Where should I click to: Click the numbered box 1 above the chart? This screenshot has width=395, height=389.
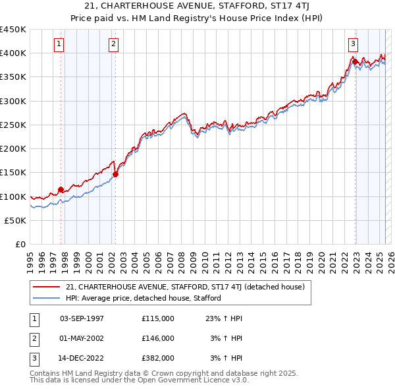(x=59, y=44)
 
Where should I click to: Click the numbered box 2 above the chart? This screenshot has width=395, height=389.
(x=113, y=44)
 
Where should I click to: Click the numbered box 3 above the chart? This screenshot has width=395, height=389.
(x=353, y=44)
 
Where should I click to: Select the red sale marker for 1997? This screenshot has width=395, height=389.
(x=61, y=190)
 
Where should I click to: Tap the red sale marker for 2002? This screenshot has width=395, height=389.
(x=115, y=175)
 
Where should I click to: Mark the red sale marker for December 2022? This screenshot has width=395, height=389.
(x=355, y=62)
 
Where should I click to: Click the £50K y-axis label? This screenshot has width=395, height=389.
(x=16, y=220)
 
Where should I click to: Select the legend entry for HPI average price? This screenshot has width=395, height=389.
(x=143, y=298)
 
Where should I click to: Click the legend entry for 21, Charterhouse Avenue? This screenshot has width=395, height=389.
(x=184, y=287)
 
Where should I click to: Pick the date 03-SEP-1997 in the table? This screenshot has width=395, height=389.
(x=82, y=318)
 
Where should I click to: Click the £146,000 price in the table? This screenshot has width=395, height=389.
(x=157, y=339)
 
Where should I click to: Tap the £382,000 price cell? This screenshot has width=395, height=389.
(x=157, y=359)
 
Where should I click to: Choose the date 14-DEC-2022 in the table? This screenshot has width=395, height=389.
(x=82, y=359)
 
